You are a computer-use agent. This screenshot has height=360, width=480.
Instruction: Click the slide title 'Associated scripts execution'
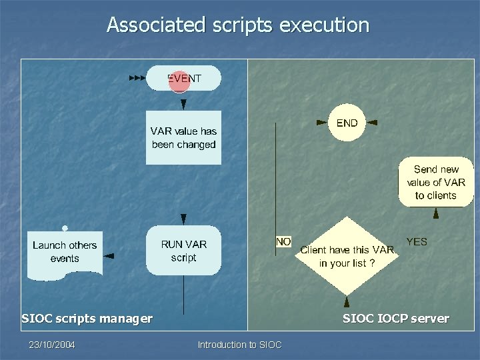237,25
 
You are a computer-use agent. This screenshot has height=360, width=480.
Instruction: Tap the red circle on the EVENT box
179,80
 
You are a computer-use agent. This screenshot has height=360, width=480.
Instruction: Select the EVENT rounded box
200,78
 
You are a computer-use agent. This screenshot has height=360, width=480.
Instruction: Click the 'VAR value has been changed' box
183,138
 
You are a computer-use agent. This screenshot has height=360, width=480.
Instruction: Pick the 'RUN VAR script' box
183,251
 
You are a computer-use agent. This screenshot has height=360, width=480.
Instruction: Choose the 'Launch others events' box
65,252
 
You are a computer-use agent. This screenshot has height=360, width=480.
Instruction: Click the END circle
347,123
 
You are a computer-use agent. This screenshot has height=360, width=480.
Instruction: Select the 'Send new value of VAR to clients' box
435,182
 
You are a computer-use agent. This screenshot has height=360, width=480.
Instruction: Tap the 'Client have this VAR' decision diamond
346,256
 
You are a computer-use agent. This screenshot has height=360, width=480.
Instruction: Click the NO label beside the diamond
283,241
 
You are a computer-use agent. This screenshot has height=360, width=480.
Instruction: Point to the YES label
417,241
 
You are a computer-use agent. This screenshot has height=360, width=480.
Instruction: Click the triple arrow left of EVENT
137,78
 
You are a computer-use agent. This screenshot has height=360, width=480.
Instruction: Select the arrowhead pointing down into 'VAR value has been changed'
183,104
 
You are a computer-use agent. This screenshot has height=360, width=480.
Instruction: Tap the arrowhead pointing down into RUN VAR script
183,219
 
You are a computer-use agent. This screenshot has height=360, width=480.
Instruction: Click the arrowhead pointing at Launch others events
109,255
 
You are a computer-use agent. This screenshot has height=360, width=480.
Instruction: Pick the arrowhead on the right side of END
373,123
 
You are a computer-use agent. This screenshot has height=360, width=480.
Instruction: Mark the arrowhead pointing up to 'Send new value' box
435,214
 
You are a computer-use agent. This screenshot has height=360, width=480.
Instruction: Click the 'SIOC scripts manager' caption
87,319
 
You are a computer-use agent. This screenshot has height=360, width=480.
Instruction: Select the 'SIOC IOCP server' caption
395,319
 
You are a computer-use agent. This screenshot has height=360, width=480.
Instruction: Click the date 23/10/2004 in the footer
51,345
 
